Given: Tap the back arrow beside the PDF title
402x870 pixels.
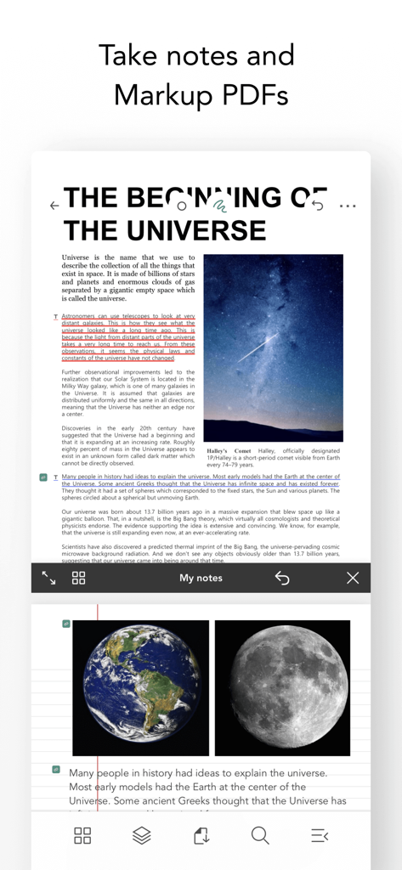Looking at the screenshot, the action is click(54, 206).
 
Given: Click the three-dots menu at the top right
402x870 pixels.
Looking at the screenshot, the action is click(348, 206).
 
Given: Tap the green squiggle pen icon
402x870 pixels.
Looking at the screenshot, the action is click(219, 205).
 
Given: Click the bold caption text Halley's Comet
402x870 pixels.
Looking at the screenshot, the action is click(229, 451).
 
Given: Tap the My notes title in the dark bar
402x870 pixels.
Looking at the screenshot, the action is click(201, 578).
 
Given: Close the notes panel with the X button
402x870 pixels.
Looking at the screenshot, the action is click(353, 578).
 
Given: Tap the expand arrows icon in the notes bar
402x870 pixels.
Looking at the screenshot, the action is click(48, 578).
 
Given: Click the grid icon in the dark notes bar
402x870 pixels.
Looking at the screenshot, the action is click(79, 578).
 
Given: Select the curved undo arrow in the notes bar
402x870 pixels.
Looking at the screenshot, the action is click(282, 578).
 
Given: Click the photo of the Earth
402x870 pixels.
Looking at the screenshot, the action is click(140, 687).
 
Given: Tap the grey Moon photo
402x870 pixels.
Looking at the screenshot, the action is click(282, 687).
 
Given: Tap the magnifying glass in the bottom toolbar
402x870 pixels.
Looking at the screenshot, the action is click(260, 836).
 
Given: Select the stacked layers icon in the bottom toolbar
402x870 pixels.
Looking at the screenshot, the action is click(142, 836).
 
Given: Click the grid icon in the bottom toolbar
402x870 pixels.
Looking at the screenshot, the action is click(82, 836).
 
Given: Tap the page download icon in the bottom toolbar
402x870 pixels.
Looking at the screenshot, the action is click(201, 836).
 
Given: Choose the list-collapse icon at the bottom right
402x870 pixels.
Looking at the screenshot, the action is click(320, 836).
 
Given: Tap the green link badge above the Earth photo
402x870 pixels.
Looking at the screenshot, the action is click(65, 624).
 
